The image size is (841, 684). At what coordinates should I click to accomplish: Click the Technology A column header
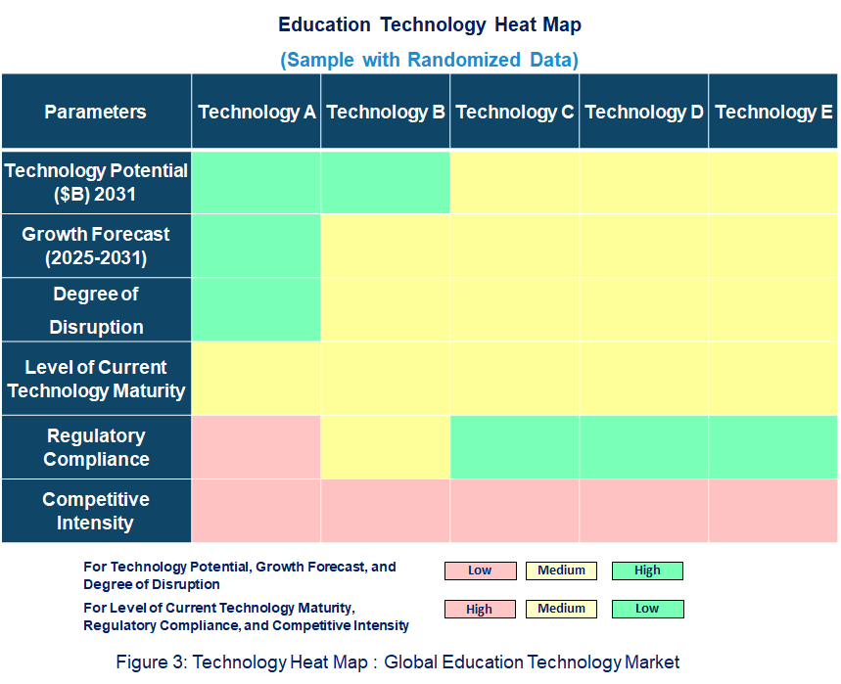[x=257, y=112]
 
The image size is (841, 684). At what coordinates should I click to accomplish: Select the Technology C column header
[x=515, y=112]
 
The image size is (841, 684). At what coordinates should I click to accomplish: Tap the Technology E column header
[x=773, y=112]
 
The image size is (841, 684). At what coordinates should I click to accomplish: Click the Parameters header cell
[x=96, y=112]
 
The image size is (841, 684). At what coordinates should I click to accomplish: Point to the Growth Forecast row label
[x=96, y=247]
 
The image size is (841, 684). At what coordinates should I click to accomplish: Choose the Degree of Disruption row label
[x=96, y=310]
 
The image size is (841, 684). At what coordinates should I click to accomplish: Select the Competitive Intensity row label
[x=96, y=511]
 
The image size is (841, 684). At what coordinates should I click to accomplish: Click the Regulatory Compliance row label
[x=96, y=447]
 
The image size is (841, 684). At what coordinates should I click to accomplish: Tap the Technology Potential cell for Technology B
[x=386, y=182]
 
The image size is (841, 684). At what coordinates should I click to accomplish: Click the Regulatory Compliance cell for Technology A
[x=257, y=447]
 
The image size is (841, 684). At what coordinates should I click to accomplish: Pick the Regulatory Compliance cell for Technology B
[x=386, y=447]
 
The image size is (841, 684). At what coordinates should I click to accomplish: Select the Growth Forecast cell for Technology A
[x=257, y=247]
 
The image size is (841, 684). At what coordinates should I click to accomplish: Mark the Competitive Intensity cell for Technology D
[x=644, y=511]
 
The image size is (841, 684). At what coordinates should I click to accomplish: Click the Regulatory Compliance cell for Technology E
[x=773, y=447]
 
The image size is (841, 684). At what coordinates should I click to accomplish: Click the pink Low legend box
[x=480, y=570]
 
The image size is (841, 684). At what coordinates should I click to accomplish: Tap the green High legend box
[x=647, y=570]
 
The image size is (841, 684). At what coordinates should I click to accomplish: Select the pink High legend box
[x=480, y=609]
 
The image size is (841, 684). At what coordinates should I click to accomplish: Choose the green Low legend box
[x=647, y=609]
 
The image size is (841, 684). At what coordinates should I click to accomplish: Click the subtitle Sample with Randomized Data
[x=429, y=60]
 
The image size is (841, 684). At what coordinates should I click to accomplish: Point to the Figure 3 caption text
[x=397, y=662]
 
